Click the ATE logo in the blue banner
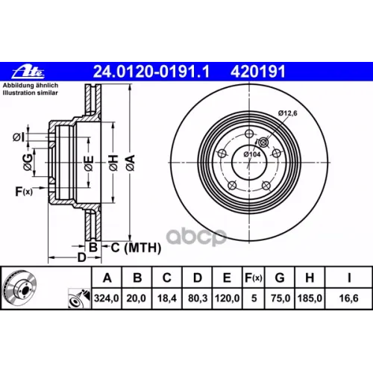pos(28,72)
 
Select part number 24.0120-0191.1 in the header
pos(151,72)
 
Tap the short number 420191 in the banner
pos(258,72)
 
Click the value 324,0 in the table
pos(107,298)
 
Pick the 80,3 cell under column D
pos(198,298)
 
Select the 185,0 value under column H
pos(310,298)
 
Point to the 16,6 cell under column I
pos(348,298)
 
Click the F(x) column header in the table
pos(254,278)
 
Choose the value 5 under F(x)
pos(254,298)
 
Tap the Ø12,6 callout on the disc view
pos(287,113)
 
